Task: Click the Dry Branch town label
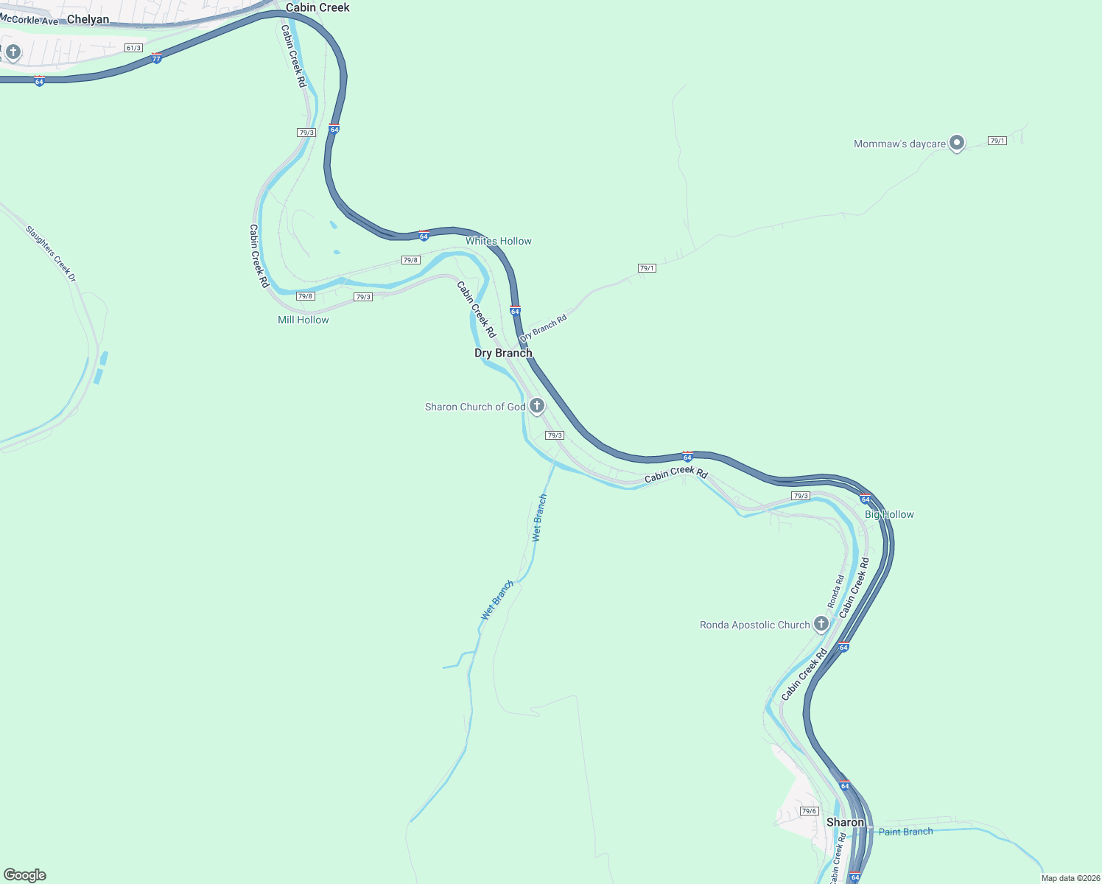pos(503,353)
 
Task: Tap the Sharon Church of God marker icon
pos(537,406)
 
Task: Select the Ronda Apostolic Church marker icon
pos(821,624)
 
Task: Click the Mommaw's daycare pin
pos(956,143)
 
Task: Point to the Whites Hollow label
pos(498,241)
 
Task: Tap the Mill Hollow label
pos(303,320)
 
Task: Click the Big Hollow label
pos(889,514)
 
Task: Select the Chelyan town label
pos(88,19)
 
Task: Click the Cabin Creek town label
pos(317,7)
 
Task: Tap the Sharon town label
pos(845,822)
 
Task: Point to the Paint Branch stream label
pos(905,832)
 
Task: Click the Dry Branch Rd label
pos(544,328)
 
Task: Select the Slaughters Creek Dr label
pos(51,253)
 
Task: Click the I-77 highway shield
pos(156,57)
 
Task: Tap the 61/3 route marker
pos(133,48)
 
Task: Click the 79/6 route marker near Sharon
pos(809,811)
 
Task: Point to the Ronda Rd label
pos(836,592)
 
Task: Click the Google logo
pos(25,875)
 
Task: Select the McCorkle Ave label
pos(29,20)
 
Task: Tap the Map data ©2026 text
pos(1070,878)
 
